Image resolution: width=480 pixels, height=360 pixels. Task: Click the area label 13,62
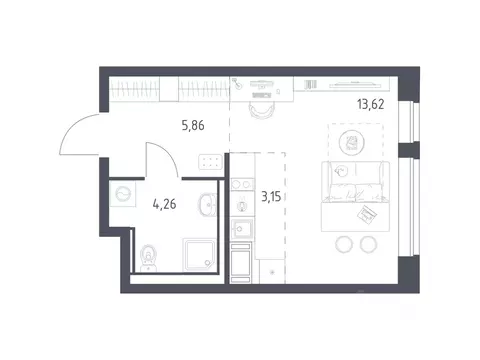point(371,104)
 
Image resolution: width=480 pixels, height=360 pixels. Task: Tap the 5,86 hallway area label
point(193,125)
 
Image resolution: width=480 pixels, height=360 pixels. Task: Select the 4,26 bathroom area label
point(164,204)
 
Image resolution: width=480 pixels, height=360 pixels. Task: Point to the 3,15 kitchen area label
point(271,197)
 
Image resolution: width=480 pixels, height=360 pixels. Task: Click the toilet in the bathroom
point(148,258)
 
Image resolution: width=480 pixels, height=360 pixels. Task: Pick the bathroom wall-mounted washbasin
point(207,204)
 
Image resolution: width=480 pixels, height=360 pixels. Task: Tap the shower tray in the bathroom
point(199,255)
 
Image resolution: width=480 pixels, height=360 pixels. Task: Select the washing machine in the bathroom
point(122,194)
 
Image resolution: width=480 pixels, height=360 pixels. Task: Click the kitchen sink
point(242,228)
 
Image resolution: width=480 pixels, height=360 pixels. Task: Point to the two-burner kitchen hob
point(242,184)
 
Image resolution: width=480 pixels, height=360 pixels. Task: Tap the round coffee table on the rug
point(352,143)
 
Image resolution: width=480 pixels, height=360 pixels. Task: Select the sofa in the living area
point(355,182)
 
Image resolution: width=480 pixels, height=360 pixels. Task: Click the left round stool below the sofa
point(343,244)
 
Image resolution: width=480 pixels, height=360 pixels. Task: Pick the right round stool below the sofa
point(368,244)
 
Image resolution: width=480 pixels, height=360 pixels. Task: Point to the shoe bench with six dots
point(210,162)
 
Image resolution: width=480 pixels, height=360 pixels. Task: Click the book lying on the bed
point(367,214)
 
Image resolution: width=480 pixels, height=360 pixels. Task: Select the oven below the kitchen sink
point(240,263)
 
